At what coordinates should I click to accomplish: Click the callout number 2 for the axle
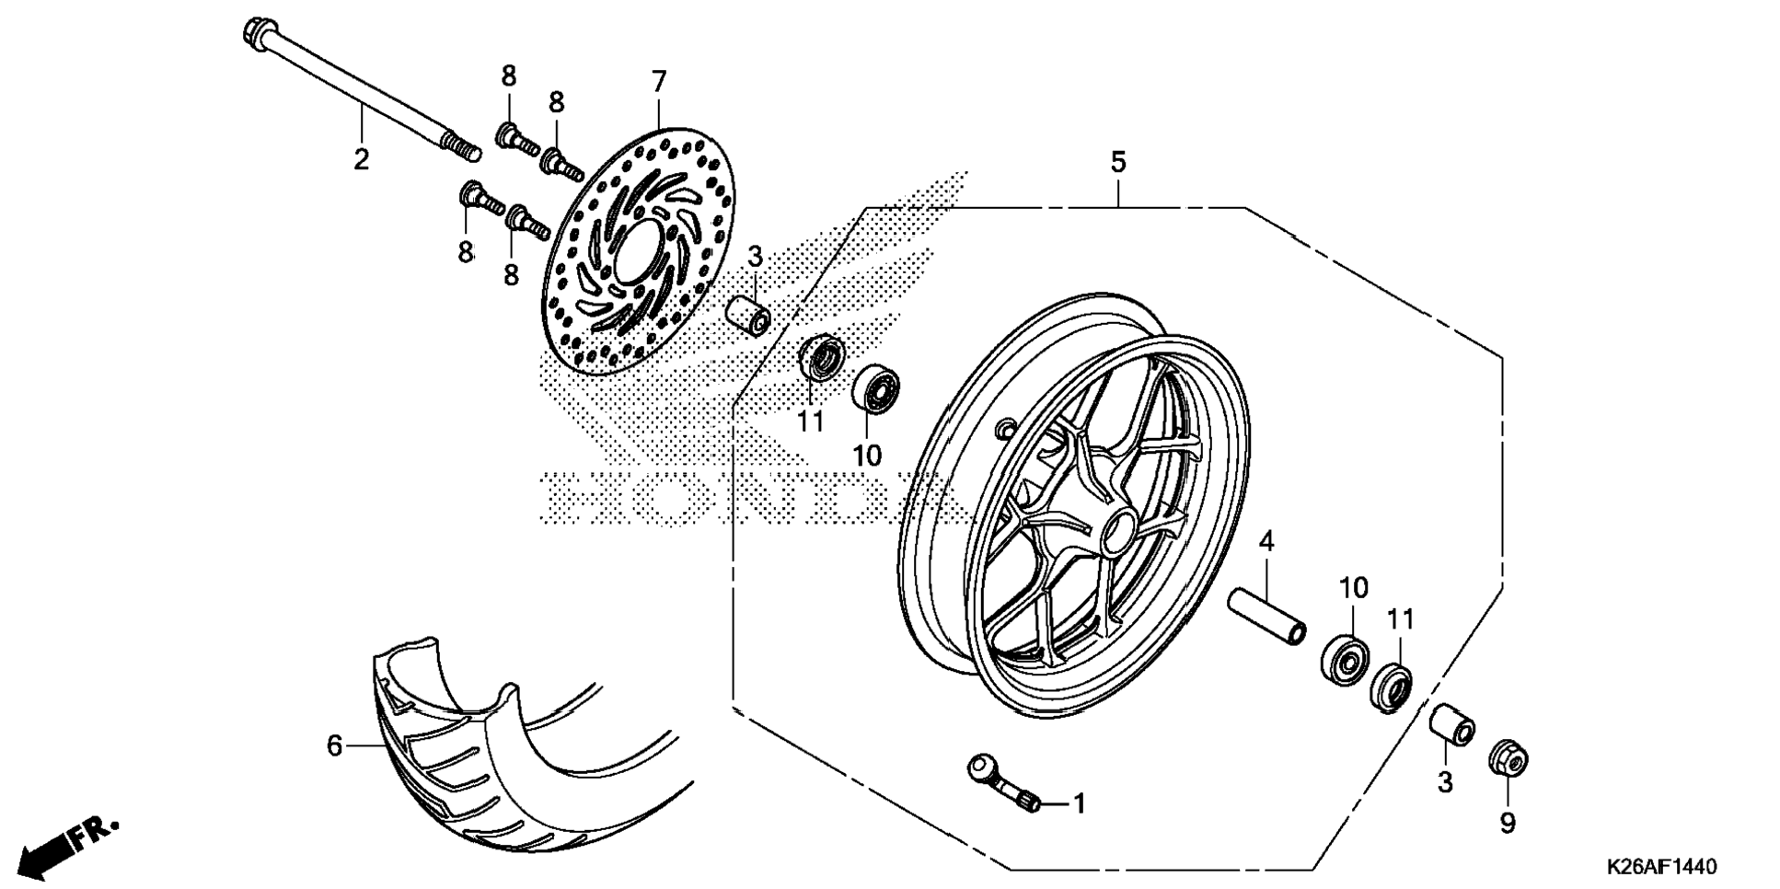click(361, 159)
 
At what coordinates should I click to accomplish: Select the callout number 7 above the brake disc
click(658, 82)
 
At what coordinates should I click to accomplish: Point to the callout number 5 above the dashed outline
click(1117, 163)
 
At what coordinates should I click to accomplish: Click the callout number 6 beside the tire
click(334, 745)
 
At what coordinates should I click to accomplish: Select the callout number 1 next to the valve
click(1080, 804)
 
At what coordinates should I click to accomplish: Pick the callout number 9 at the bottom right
click(1507, 823)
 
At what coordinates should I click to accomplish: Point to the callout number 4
click(1266, 541)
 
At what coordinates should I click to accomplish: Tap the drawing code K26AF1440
click(1662, 867)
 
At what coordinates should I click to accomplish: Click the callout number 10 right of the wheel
click(1353, 587)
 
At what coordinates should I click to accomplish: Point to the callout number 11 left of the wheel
click(810, 421)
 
